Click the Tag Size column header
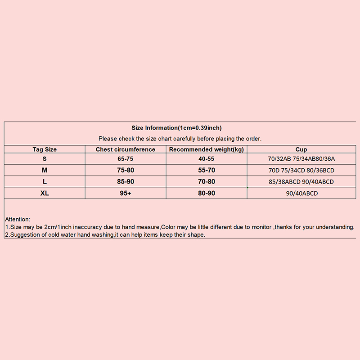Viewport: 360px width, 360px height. point(45,149)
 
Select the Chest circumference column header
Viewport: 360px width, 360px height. point(126,149)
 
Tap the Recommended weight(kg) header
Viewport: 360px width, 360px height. point(207,149)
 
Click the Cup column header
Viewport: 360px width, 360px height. point(301,149)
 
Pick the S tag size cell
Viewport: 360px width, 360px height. point(45,159)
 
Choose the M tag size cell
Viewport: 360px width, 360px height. point(45,170)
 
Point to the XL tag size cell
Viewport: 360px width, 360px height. point(45,193)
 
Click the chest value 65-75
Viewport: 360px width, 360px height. point(126,159)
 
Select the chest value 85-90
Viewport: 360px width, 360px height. point(126,182)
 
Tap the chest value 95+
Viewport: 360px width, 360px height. point(126,193)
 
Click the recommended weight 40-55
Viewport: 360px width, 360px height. point(207,159)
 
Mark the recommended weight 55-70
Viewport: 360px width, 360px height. point(207,170)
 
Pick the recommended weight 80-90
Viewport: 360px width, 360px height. point(207,193)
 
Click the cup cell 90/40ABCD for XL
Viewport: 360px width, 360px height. point(301,193)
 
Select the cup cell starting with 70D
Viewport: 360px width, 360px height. point(301,171)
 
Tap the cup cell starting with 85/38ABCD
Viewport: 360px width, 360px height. point(301,182)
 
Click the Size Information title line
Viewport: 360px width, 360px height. point(176,128)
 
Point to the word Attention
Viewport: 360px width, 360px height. point(18,219)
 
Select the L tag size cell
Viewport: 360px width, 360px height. point(45,182)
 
